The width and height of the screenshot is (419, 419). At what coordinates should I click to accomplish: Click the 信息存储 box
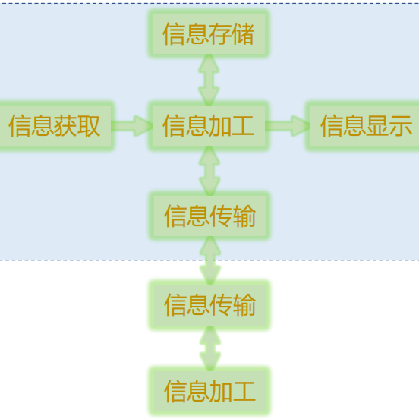(x=209, y=34)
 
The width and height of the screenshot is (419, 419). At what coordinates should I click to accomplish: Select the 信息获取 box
(x=55, y=126)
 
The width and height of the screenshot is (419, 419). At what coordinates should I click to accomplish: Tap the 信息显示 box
(x=364, y=126)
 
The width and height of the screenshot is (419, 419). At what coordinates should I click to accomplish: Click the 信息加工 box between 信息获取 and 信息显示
(x=209, y=126)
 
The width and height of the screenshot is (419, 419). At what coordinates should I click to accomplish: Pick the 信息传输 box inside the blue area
(x=209, y=216)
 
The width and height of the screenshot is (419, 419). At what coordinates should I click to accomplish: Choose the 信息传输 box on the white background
(x=209, y=305)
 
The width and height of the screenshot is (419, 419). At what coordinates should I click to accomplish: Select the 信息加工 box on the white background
(x=209, y=391)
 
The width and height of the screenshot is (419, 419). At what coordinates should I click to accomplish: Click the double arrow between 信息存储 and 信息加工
(x=209, y=80)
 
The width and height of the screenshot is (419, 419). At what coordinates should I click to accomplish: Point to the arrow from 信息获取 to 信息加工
(x=132, y=126)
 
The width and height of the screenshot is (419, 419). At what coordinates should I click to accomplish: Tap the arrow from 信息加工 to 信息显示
(x=287, y=126)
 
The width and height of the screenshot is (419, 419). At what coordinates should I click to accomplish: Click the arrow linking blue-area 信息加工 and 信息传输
(x=209, y=171)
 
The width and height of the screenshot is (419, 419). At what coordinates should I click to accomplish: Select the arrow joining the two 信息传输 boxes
(x=209, y=260)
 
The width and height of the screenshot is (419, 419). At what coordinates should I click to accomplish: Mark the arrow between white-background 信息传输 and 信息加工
(x=209, y=348)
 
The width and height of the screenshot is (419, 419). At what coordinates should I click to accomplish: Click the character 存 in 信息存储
(x=220, y=34)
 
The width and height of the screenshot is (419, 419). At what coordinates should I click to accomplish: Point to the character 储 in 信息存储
(x=243, y=34)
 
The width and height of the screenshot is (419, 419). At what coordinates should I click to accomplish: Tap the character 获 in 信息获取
(x=66, y=126)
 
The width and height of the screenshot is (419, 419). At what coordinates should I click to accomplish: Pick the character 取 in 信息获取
(x=89, y=126)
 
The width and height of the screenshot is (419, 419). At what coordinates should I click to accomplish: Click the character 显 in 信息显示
(x=377, y=126)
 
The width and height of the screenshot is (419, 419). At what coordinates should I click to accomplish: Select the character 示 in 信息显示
(x=400, y=126)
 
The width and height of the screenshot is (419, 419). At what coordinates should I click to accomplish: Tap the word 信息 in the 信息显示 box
(x=342, y=126)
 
